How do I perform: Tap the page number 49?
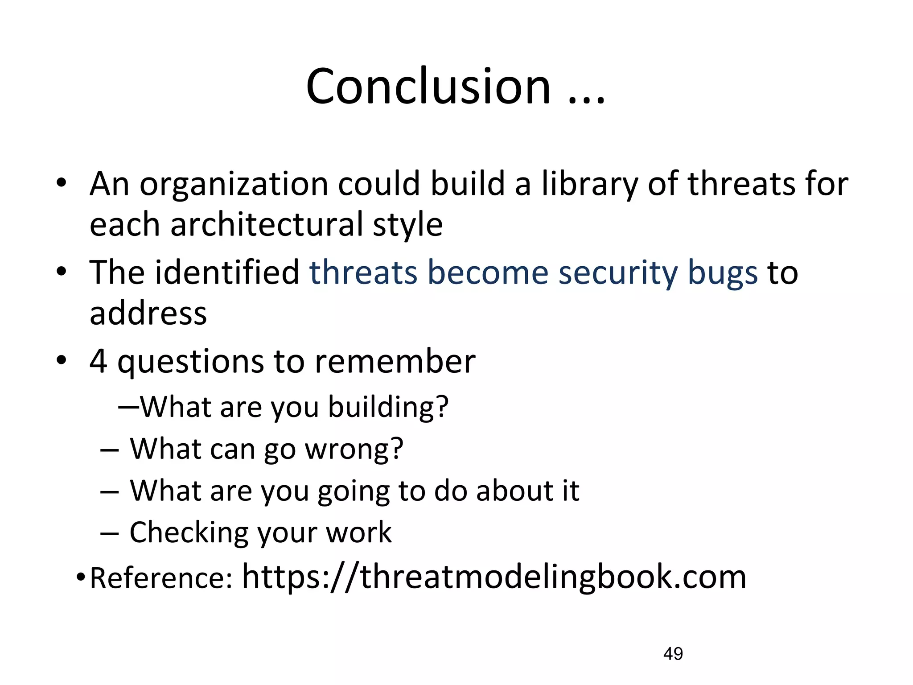point(673,654)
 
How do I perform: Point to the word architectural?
point(267,225)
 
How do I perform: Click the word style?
point(407,225)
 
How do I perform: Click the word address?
point(148,313)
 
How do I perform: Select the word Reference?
point(161,578)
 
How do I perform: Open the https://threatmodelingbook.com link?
point(494,577)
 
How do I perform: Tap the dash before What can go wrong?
point(110,450)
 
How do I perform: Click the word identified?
point(226,272)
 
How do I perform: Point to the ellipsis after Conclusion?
point(587,100)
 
